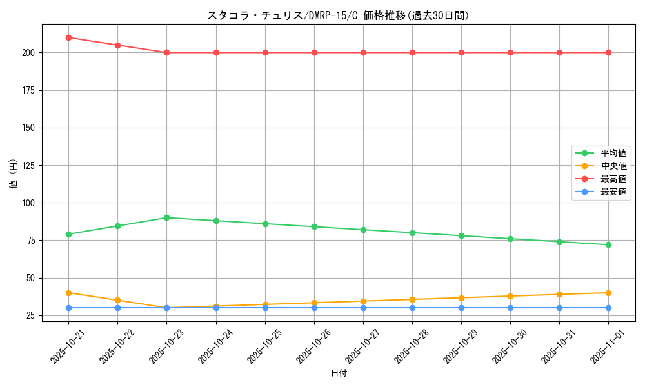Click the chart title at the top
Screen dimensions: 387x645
(x=338, y=15)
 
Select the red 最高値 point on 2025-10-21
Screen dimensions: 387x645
(x=68, y=37)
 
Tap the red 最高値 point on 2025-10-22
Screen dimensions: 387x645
(x=117, y=45)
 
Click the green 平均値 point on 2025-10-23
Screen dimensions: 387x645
(x=166, y=217)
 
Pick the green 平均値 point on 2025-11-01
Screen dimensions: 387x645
(x=608, y=244)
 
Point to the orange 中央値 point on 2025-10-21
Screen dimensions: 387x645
(x=68, y=293)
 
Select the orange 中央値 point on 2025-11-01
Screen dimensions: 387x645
(x=608, y=293)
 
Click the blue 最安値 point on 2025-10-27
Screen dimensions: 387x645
(x=363, y=308)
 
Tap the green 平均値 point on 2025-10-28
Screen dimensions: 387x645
(x=412, y=233)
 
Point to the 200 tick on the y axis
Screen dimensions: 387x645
(x=28, y=53)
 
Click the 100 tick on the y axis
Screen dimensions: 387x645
(x=28, y=203)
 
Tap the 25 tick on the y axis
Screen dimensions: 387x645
(x=30, y=315)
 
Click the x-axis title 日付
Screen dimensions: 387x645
(x=339, y=373)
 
